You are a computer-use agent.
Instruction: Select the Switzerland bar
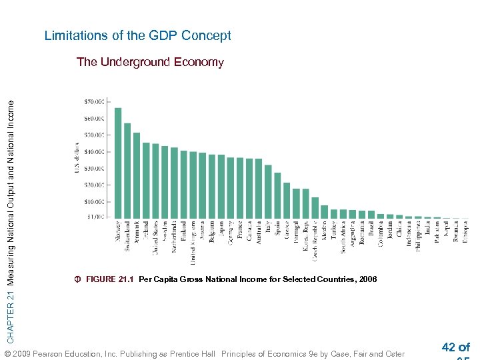[x=127, y=170]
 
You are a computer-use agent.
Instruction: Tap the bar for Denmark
[x=137, y=175]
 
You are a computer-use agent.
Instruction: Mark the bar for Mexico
[x=324, y=211]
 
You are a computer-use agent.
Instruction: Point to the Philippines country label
[x=418, y=236]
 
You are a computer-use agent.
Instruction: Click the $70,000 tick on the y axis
[x=95, y=102]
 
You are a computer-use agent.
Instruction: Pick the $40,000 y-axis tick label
[x=95, y=152]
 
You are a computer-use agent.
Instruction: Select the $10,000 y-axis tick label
[x=95, y=201]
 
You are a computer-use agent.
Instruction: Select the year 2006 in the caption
[x=367, y=279]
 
